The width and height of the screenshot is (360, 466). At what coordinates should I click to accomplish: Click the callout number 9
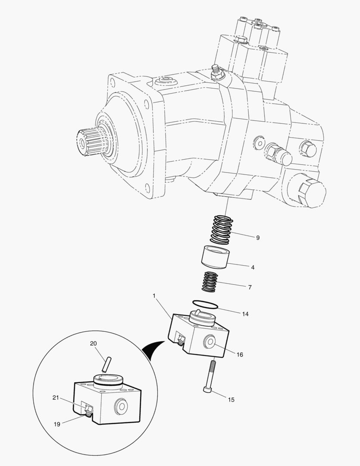(257, 238)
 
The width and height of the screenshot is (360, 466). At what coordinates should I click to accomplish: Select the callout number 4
(253, 268)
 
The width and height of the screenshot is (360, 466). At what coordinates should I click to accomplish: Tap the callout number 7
(250, 287)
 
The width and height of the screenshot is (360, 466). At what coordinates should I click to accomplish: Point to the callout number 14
(245, 314)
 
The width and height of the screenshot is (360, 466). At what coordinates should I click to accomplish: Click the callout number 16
(240, 355)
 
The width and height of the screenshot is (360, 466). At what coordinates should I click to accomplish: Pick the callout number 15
(231, 400)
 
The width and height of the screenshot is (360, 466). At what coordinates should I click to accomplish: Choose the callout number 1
(154, 296)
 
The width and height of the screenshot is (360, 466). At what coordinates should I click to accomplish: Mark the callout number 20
(93, 343)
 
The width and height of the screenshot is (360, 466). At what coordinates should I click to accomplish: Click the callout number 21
(56, 398)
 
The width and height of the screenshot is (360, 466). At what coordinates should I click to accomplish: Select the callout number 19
(57, 424)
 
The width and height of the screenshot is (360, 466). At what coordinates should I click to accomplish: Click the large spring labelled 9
(221, 230)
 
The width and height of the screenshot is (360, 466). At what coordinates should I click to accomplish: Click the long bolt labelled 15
(209, 377)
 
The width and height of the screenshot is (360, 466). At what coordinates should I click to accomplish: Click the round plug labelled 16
(210, 341)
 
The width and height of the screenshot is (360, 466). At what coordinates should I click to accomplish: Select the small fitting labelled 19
(88, 411)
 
